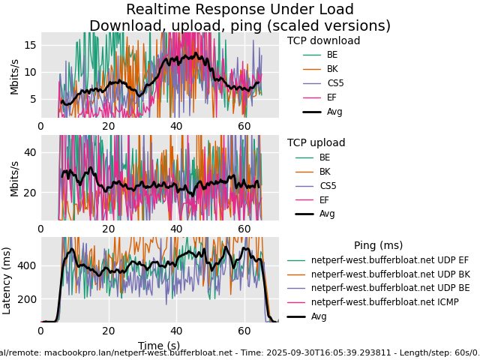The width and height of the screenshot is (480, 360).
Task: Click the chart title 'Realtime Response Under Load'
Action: pos(240,10)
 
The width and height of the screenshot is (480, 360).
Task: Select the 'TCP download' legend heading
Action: pos(323,41)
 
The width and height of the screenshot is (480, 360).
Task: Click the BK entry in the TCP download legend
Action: pos(332,69)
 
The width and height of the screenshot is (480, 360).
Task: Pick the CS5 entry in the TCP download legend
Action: pos(335,83)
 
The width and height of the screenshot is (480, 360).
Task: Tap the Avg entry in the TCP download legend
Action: pos(334,112)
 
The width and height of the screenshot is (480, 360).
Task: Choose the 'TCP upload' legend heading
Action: pos(316,143)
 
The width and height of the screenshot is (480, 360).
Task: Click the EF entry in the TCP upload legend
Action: pos(324,200)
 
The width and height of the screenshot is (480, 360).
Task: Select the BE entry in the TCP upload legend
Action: pos(324,157)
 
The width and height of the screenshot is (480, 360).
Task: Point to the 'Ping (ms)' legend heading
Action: pos(378,246)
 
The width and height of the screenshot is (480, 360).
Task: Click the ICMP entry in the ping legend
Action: pos(385,302)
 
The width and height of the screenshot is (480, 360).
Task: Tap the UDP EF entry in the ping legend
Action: pos(390,260)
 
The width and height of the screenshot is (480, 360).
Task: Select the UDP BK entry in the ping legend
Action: pos(390,274)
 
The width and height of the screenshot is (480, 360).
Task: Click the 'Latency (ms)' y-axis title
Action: pos(7,280)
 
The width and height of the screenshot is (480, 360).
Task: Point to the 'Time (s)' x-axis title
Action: pos(159,346)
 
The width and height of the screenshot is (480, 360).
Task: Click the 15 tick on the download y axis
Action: pos(30,45)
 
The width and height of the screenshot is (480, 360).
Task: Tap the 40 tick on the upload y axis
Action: pos(30,152)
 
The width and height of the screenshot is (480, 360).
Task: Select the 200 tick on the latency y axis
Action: pos(27,299)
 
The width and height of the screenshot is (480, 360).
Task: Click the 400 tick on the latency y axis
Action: pos(27,265)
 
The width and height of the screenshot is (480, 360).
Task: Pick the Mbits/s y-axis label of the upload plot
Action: pos(15,178)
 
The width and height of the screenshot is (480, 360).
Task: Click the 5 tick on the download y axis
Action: pos(33,99)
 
